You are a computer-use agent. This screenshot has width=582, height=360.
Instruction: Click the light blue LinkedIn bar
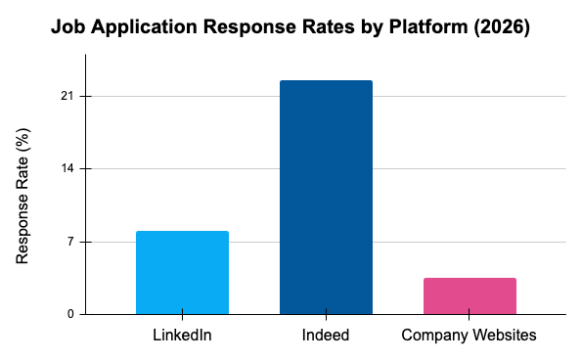click(x=182, y=273)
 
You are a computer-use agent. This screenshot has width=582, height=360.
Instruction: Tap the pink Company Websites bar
click(x=470, y=296)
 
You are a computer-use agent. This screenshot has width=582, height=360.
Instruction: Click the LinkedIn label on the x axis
click(x=182, y=336)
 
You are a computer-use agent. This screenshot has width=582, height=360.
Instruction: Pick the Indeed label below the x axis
click(x=326, y=336)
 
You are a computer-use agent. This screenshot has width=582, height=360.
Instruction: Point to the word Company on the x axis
click(x=434, y=336)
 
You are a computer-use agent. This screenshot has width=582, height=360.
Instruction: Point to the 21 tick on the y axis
click(x=69, y=97)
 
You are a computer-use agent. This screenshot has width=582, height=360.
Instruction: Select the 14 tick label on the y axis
click(x=69, y=169)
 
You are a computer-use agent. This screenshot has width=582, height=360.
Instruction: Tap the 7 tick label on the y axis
click(x=73, y=242)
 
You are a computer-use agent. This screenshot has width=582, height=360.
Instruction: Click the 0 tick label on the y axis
click(x=73, y=314)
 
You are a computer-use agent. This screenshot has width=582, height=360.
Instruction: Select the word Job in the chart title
click(x=67, y=28)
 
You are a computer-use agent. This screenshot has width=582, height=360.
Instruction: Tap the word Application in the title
click(x=139, y=28)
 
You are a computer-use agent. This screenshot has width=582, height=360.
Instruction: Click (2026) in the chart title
click(x=502, y=28)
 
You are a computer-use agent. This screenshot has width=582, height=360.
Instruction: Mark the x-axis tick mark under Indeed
click(x=326, y=318)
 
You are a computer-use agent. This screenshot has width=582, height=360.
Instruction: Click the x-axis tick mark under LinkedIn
click(x=182, y=318)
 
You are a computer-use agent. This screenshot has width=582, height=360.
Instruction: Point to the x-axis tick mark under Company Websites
click(x=470, y=318)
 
